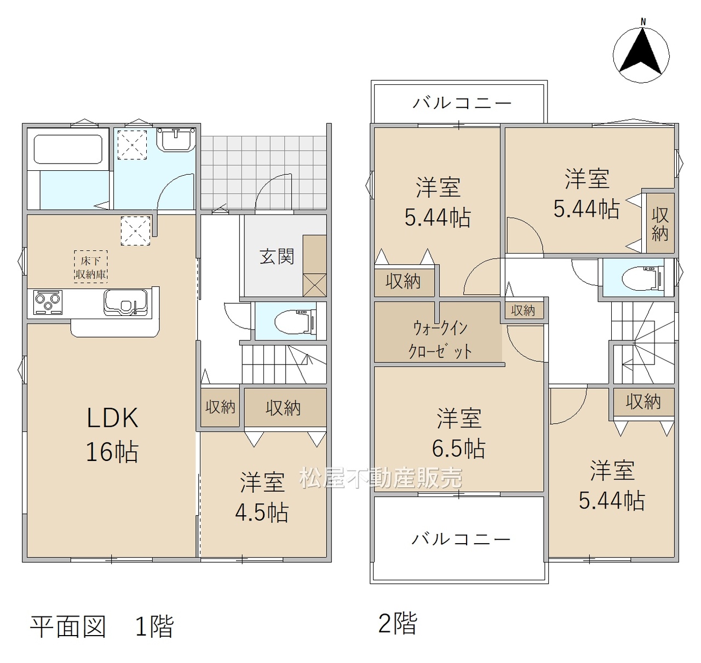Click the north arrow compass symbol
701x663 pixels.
tap(641, 55)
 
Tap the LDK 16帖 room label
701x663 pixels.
tap(112, 434)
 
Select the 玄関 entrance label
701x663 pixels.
tap(277, 257)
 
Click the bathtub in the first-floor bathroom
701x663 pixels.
tap(68, 149)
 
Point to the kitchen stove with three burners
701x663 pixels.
tap(48, 302)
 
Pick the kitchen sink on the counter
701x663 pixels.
tap(125, 302)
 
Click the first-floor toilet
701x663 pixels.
tap(295, 321)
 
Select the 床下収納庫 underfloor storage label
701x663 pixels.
tap(91, 267)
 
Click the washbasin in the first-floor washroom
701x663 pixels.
tap(176, 140)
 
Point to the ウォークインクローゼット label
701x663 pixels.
tap(440, 339)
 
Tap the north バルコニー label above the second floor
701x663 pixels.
tap(462, 103)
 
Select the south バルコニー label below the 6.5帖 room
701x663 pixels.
tap(461, 539)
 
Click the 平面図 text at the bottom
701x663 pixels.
tap(68, 627)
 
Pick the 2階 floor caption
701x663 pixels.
tap(397, 624)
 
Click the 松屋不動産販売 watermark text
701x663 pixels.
tap(381, 477)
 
